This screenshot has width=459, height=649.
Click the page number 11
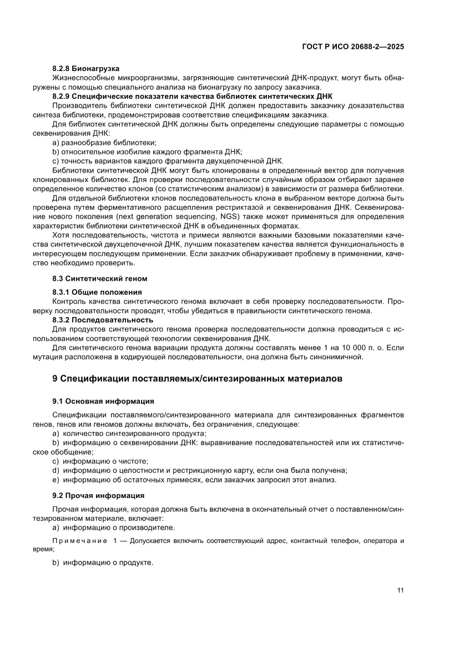tap(400, 590)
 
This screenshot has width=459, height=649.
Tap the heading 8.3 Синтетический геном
tap(99, 278)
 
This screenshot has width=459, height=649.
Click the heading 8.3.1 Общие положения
tap(97, 291)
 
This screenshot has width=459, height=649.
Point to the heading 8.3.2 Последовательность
tap(102, 320)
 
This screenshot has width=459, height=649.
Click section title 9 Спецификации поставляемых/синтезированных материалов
tap(197, 379)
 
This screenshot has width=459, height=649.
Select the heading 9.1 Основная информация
tap(103, 401)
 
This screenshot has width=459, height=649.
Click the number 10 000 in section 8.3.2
tap(330, 348)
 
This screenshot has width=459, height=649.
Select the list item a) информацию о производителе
tap(114, 527)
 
